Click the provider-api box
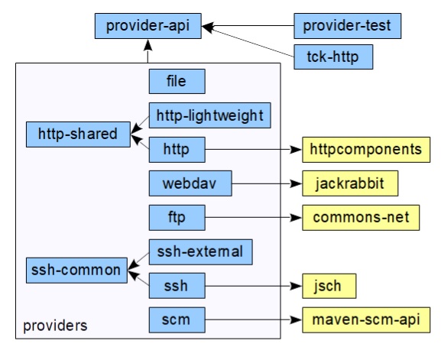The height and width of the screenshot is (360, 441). [x=148, y=26]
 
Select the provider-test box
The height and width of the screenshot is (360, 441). [x=347, y=26]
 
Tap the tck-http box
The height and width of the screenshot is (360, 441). [x=333, y=57]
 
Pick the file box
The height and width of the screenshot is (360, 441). [x=177, y=81]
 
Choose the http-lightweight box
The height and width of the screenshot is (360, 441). [x=210, y=115]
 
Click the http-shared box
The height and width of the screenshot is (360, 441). [x=78, y=135]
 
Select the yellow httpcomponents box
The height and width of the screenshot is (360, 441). [x=366, y=150]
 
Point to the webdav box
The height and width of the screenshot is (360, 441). [x=190, y=183]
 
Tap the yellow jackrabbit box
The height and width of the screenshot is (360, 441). [x=350, y=183]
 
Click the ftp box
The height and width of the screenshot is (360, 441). [x=177, y=218]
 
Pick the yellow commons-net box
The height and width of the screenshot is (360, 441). [x=361, y=218]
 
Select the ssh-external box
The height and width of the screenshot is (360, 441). [x=200, y=252]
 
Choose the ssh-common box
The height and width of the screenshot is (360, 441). [x=76, y=271]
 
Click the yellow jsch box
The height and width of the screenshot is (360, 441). [x=329, y=286]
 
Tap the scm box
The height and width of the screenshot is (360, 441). [x=177, y=320]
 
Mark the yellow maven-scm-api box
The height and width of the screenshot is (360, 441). [x=366, y=320]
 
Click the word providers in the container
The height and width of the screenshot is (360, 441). [x=55, y=326]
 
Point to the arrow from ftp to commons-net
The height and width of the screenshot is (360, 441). [x=254, y=218]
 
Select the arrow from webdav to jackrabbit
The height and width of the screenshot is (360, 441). [x=268, y=183]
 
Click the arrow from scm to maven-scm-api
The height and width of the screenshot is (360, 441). [x=254, y=319]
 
